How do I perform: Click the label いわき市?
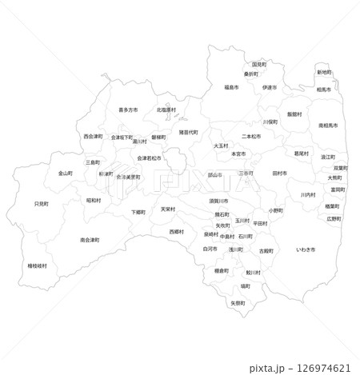(306, 250)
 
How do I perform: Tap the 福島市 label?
(232, 87)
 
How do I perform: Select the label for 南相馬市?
(329, 126)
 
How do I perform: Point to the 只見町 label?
(41, 205)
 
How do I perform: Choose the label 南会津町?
(90, 240)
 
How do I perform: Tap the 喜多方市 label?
(128, 110)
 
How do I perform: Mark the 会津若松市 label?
(150, 158)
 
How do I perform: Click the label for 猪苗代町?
(189, 132)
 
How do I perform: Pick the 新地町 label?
(324, 73)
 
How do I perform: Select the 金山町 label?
(66, 173)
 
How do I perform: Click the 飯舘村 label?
(295, 114)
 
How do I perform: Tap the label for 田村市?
(279, 173)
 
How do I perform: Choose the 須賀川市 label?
(218, 201)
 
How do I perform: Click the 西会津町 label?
(93, 137)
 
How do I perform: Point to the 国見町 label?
(259, 64)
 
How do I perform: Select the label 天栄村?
(168, 209)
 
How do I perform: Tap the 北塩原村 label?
(166, 110)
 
